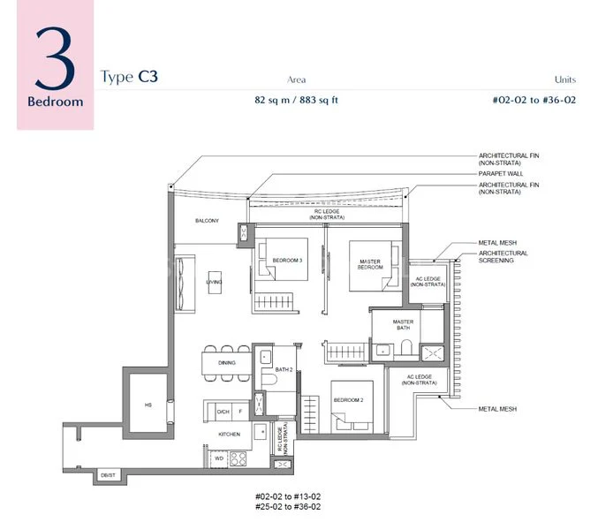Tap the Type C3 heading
[x=129, y=77]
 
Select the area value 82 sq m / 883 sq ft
[x=296, y=100]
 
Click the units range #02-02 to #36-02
[x=535, y=100]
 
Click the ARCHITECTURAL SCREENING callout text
[x=503, y=257]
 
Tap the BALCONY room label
[x=208, y=221]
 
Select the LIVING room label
[x=214, y=283]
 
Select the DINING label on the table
[x=227, y=363]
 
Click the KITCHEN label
[x=229, y=435]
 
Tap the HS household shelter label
[x=148, y=405]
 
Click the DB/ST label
[x=107, y=474]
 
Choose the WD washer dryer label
[x=218, y=458]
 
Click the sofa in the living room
[x=182, y=283]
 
